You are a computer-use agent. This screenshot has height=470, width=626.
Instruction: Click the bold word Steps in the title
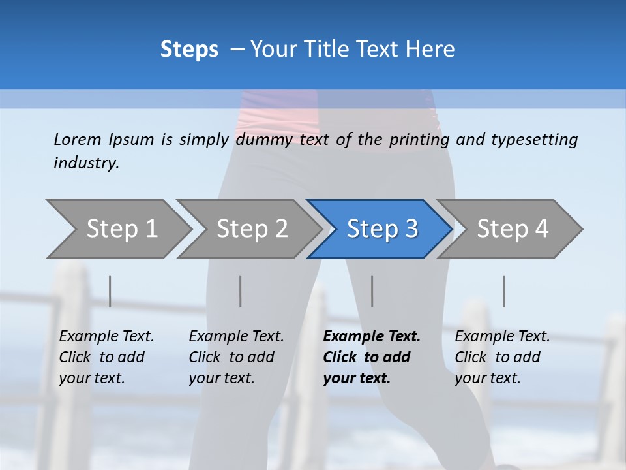pos(189,50)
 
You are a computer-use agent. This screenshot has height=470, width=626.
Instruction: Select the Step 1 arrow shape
pos(120,229)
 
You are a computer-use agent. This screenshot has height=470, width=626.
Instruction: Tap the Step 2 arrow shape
pos(251,229)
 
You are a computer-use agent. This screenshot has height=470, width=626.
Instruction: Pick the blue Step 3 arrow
pos(381,229)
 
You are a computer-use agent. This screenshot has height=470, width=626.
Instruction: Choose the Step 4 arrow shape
pos(512,229)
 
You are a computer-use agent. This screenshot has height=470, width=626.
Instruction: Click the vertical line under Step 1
pos(110,291)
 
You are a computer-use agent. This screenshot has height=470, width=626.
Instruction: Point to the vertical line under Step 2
pos(241,291)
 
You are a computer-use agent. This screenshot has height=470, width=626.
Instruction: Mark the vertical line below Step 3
pos(372,291)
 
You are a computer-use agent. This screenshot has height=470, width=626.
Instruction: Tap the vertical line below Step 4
pos(503,291)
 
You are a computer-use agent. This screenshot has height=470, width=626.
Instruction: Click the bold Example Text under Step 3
pos(372,337)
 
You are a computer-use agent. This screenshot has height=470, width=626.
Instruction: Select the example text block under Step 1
pos(106,357)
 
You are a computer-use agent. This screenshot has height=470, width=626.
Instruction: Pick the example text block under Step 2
pos(236,357)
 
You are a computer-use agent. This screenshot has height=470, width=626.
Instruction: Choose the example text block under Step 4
pos(502,357)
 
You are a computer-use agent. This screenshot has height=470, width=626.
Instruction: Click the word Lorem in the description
pos(78,139)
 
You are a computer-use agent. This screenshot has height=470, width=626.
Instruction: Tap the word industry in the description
pos(86,163)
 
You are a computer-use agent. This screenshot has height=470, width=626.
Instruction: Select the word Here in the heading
pos(430,50)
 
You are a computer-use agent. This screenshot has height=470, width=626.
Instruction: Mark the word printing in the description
pos(419,139)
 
